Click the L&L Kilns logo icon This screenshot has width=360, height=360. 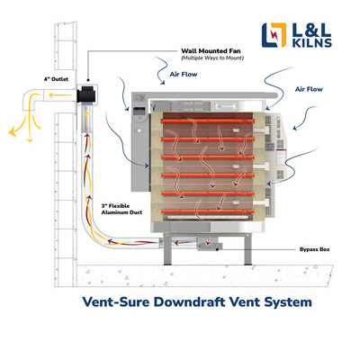[x=274, y=35]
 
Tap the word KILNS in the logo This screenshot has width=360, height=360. [x=312, y=43]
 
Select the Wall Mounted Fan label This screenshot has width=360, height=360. [x=211, y=51]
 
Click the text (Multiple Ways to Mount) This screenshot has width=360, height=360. [x=212, y=58]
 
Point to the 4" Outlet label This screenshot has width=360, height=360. [x=56, y=79]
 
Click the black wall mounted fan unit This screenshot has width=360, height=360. [x=85, y=94]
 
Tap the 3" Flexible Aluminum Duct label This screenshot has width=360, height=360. [x=121, y=209]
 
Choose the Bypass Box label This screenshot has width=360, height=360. [x=314, y=249]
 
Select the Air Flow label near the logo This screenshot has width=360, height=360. [x=309, y=89]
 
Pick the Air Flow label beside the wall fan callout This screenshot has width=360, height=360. [x=184, y=74]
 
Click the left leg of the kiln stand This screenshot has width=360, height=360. [x=167, y=249]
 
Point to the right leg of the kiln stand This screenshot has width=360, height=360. [x=247, y=249]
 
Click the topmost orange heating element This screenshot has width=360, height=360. [x=208, y=121]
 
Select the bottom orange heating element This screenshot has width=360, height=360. [x=208, y=211]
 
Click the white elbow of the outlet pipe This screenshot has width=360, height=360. [x=30, y=99]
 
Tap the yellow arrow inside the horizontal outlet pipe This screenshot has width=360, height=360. [x=61, y=95]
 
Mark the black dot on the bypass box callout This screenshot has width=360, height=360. [x=217, y=249]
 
